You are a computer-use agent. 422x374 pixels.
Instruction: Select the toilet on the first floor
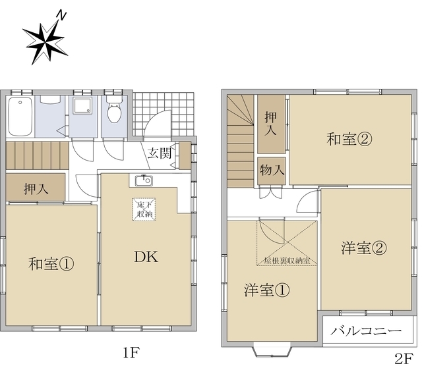tap(115, 113)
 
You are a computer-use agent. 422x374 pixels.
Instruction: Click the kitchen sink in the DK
tap(142, 180)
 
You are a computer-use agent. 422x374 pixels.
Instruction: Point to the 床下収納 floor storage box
tap(144, 209)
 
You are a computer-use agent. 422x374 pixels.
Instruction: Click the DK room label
tap(146, 257)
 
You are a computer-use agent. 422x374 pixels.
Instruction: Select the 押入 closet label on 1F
tap(36, 188)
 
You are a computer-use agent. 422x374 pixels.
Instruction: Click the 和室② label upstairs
tap(349, 140)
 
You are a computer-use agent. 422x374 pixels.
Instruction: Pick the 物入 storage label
tap(271, 170)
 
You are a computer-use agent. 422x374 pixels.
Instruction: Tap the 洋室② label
tap(364, 248)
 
